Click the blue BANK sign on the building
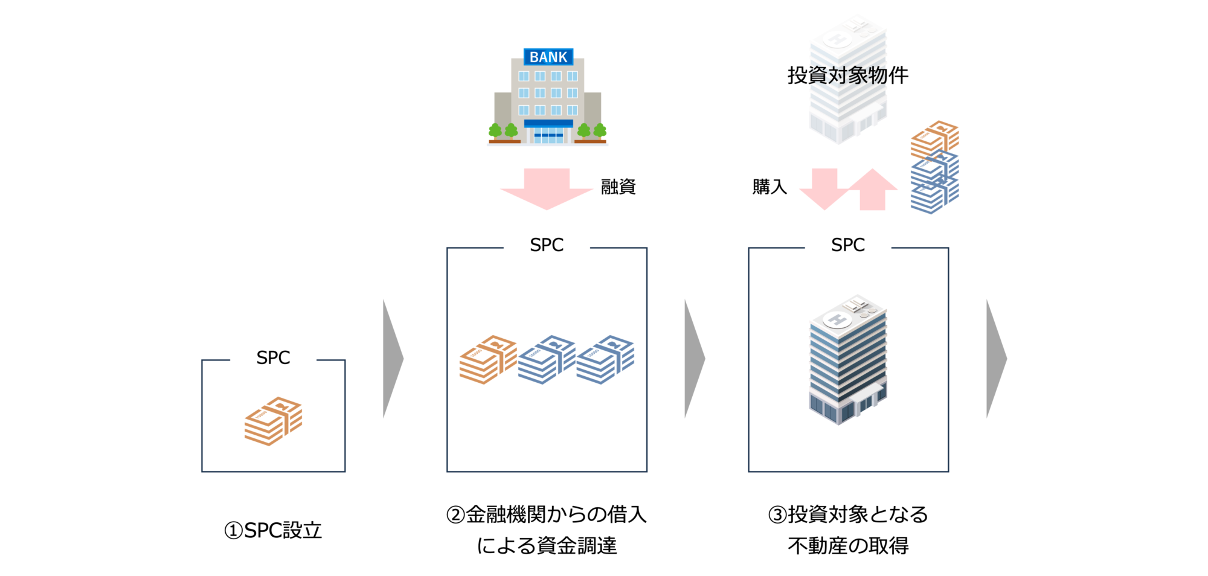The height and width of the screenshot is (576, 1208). coord(548,57)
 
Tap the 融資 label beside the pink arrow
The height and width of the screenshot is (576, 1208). coord(618,187)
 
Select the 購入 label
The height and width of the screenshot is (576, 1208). coord(769,187)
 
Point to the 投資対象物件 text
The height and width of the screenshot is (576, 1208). coord(847,75)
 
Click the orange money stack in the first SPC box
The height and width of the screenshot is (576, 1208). coord(273,421)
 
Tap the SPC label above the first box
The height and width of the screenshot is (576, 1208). coord(273,357)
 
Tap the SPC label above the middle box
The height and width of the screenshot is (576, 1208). coord(547,245)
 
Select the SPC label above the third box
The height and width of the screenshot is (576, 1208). coord(847,245)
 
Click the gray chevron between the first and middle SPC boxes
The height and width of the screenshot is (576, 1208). coord(392,359)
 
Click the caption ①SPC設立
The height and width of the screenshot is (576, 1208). coord(273,530)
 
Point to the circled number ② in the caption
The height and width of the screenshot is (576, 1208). coord(455,515)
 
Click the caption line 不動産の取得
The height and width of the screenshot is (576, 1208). coord(848,546)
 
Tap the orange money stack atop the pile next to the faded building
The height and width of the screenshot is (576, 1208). coord(934,138)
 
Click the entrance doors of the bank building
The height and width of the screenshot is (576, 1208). coord(548,135)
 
